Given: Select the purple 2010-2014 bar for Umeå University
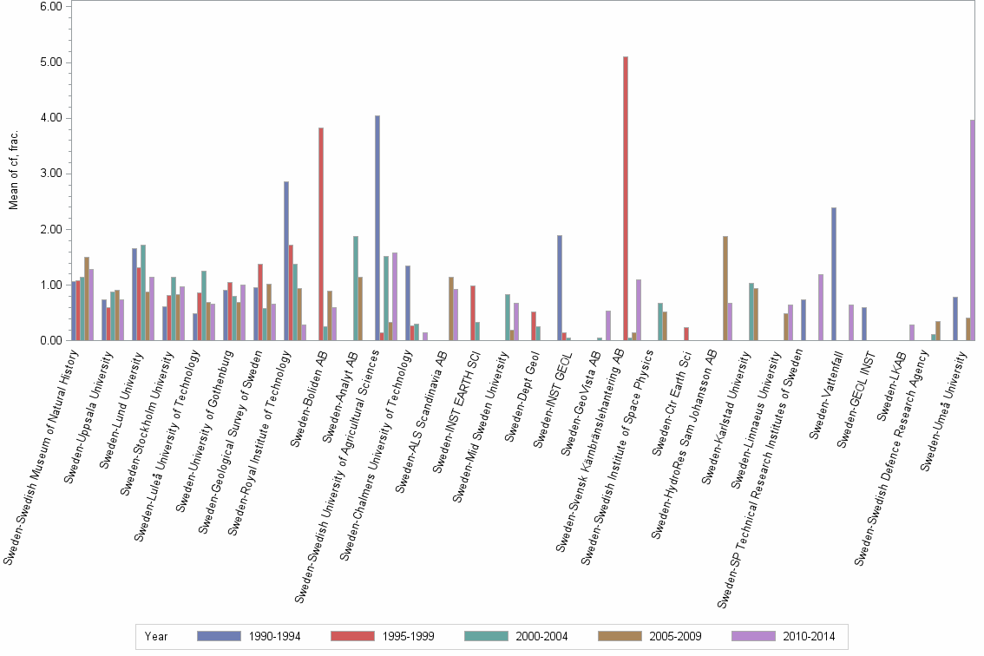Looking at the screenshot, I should tap(973, 230).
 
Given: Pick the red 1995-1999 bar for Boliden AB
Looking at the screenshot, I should tap(321, 233).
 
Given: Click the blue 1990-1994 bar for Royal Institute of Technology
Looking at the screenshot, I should tap(286, 260).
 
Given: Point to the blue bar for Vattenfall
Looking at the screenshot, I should tap(833, 273).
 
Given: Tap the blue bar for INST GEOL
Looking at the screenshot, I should tap(560, 287).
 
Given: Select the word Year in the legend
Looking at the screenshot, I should tap(157, 636).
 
